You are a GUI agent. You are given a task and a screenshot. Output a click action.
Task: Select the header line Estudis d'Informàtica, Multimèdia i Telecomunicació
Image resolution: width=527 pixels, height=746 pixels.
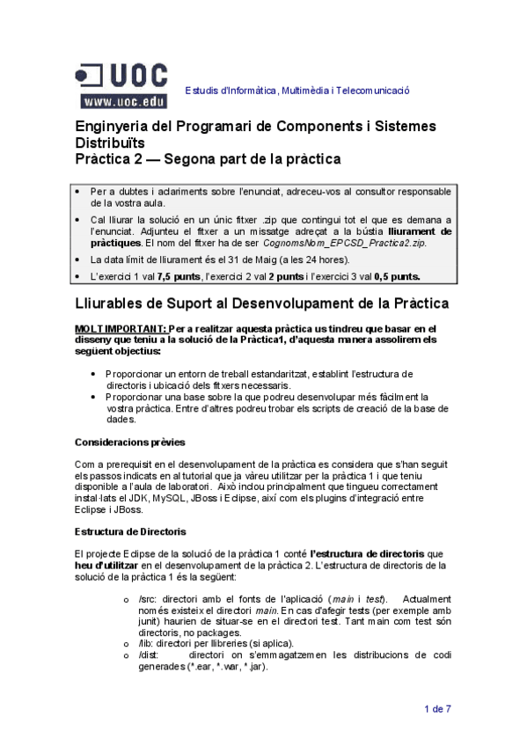tap(296, 91)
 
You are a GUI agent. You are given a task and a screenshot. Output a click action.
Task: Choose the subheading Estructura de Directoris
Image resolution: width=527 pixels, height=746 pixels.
tap(131, 531)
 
